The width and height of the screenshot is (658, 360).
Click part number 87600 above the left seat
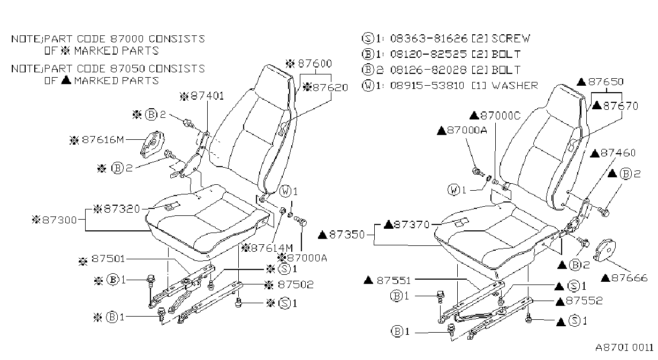315,63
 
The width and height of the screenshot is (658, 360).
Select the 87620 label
330,87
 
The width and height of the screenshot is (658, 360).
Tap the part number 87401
207,96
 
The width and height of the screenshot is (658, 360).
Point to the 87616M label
103,140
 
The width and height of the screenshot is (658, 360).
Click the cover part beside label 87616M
152,144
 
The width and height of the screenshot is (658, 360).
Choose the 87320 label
122,209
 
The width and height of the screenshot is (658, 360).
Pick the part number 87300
59,220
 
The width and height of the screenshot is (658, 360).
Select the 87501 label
108,259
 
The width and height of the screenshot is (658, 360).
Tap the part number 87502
296,284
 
